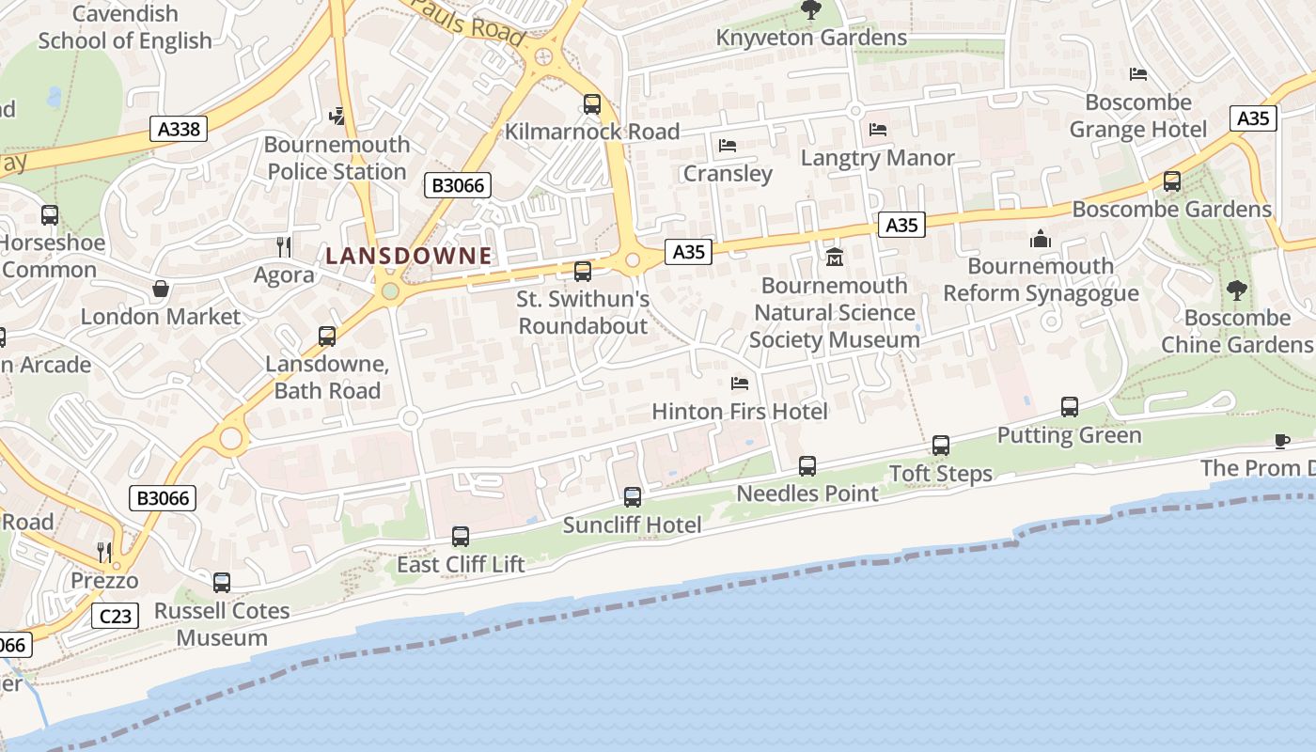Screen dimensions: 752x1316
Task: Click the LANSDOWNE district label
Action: [x=409, y=256]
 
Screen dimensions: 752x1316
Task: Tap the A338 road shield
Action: [x=179, y=129]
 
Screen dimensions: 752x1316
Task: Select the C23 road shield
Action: [x=116, y=616]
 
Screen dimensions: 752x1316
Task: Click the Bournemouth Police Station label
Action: [x=337, y=158]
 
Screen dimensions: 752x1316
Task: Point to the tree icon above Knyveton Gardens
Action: [x=810, y=10]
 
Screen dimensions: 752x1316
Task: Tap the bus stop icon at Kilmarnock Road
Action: [x=592, y=104]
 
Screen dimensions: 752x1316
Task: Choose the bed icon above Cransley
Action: [x=727, y=146]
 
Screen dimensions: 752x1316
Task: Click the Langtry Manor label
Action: [x=877, y=158]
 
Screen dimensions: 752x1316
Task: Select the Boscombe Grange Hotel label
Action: [x=1137, y=116]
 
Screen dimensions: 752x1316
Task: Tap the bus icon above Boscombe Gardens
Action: [x=1172, y=181]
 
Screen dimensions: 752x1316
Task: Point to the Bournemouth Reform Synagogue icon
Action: [x=1040, y=240]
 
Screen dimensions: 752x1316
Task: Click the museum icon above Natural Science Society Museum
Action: [x=834, y=257]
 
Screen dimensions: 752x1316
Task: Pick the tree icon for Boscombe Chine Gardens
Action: [x=1236, y=290]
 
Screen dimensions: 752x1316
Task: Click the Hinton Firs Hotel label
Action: [x=740, y=412]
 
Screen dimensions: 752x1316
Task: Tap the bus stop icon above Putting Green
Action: [x=1070, y=407]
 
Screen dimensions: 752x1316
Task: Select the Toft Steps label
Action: [x=941, y=474]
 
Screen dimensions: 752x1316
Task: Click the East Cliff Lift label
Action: [x=461, y=565]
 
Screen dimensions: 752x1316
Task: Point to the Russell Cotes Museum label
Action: [x=223, y=624]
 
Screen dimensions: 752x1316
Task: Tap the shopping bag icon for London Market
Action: [x=161, y=289]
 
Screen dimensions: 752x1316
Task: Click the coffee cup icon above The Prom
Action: [x=1282, y=441]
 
